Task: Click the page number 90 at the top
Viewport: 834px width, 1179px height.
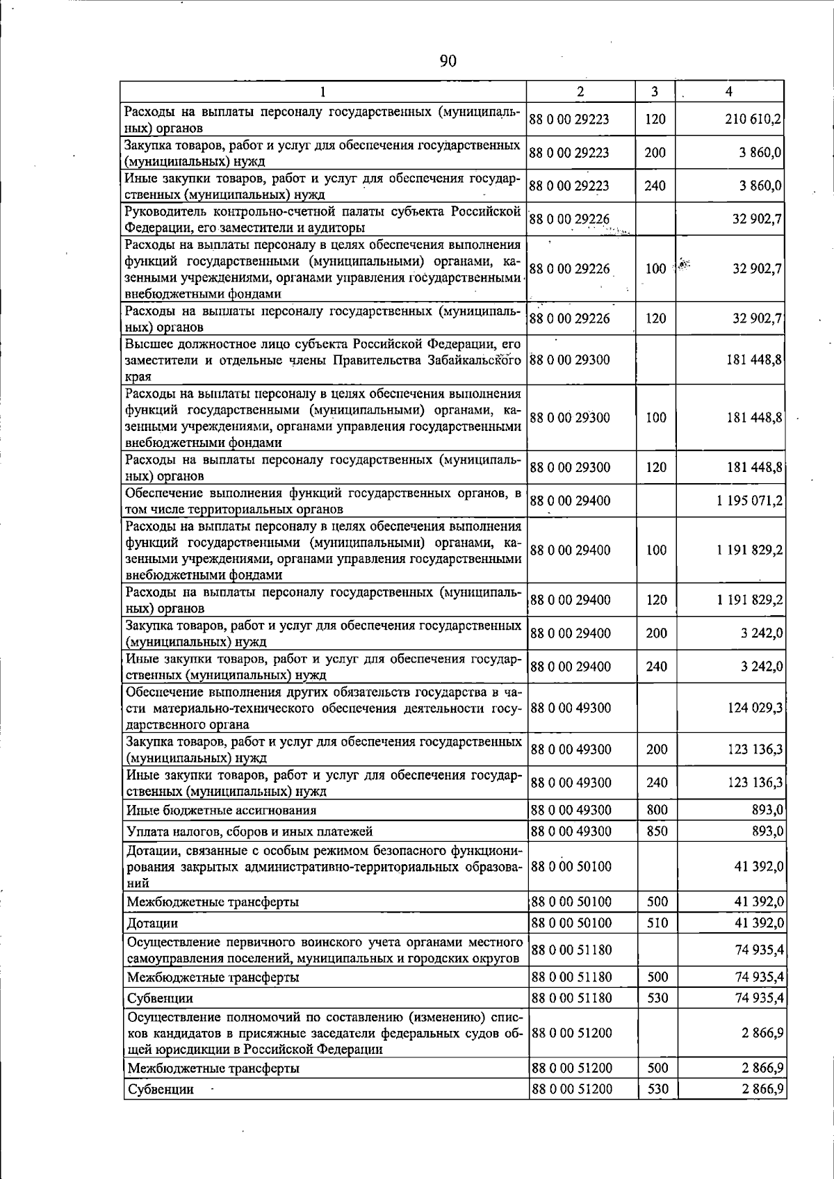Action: pyautogui.click(x=448, y=61)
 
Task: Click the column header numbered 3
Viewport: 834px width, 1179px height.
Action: pyautogui.click(x=655, y=91)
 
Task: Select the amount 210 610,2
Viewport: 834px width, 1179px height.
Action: pyautogui.click(x=754, y=120)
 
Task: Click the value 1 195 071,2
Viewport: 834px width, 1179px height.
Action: pyautogui.click(x=749, y=501)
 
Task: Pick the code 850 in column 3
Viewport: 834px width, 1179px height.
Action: pyautogui.click(x=656, y=831)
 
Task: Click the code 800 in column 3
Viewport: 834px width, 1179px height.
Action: pyautogui.click(x=656, y=810)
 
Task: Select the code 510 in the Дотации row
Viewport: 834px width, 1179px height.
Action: pyautogui.click(x=656, y=923)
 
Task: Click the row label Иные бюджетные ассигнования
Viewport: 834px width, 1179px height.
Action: pyautogui.click(x=221, y=811)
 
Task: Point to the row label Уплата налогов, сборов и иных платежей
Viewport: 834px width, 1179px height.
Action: pyautogui.click(x=250, y=831)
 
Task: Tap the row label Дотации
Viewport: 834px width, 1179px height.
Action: pyautogui.click(x=152, y=924)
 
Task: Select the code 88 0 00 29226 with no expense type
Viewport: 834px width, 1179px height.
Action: pyautogui.click(x=570, y=220)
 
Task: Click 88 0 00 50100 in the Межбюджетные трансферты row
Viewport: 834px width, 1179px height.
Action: pyautogui.click(x=571, y=902)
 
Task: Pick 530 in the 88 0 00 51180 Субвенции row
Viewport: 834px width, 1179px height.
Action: pyautogui.click(x=656, y=998)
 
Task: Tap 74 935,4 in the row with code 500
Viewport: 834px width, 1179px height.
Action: pyautogui.click(x=759, y=977)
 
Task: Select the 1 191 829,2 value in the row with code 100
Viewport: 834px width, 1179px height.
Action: pyautogui.click(x=749, y=550)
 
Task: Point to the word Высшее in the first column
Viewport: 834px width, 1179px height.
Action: pyautogui.click(x=147, y=344)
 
